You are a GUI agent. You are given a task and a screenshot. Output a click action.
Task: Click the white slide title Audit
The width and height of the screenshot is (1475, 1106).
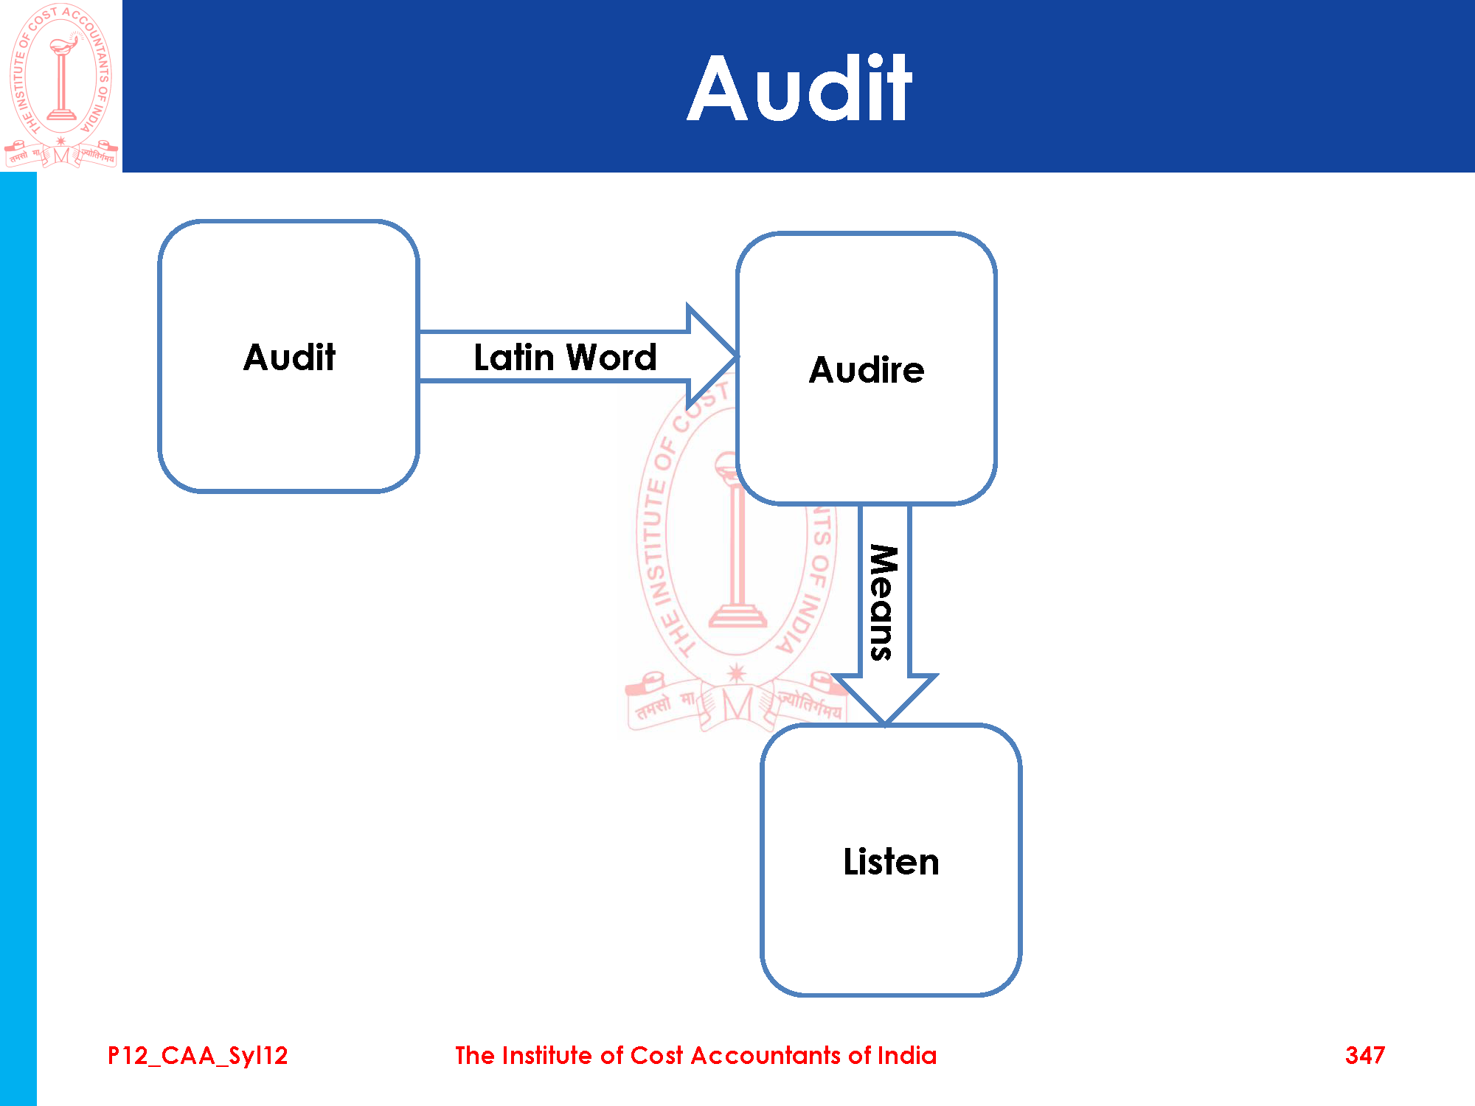799,89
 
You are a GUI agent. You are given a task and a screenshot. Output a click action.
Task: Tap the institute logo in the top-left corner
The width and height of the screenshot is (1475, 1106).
61,86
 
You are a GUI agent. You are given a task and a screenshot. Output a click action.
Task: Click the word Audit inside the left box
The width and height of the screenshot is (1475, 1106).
289,358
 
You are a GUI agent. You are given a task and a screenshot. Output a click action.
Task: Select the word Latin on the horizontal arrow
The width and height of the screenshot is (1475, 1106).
513,358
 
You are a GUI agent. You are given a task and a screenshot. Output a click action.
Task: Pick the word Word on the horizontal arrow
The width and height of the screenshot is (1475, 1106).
611,358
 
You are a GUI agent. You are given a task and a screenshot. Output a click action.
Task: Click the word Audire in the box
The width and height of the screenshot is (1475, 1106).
867,370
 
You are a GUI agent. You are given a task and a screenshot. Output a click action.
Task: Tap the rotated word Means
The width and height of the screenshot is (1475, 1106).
883,602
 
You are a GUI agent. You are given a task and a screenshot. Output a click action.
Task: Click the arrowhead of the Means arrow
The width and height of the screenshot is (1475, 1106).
884,700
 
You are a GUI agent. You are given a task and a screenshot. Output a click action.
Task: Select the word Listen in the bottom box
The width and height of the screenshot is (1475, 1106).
891,862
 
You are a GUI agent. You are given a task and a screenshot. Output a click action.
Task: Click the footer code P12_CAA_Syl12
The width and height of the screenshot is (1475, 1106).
198,1056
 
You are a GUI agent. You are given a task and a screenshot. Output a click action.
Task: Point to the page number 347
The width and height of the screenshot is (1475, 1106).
1365,1056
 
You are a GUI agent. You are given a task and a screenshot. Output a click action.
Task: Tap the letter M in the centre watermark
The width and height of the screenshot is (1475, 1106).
737,705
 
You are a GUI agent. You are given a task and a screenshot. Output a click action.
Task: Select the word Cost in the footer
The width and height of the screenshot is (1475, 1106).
656,1056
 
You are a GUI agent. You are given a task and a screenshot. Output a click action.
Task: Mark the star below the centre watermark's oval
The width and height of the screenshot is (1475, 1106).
736,672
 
